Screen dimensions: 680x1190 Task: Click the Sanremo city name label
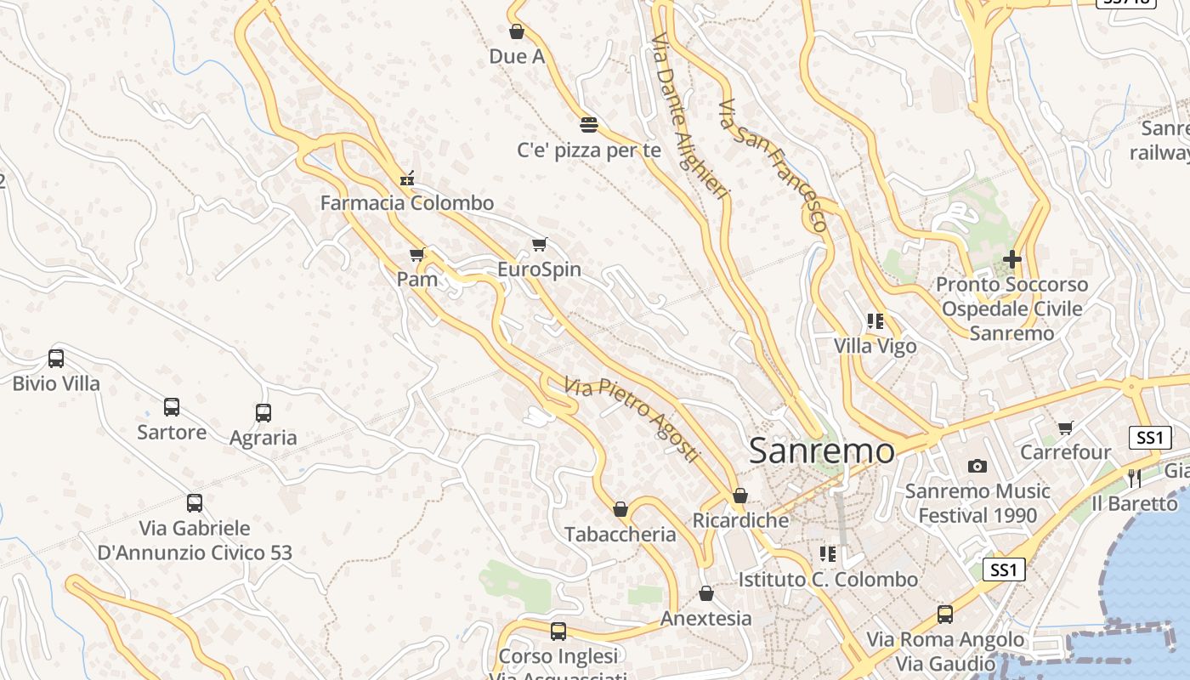[x=821, y=450]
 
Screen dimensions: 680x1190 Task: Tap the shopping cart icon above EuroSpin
[x=539, y=245]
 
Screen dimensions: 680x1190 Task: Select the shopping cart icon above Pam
[x=416, y=254]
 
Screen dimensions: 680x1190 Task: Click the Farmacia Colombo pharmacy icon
[x=407, y=178]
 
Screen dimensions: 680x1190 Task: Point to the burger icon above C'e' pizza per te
[x=589, y=125]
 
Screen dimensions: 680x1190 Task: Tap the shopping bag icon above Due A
[x=516, y=32]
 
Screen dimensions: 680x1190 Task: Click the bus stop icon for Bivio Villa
[x=56, y=358]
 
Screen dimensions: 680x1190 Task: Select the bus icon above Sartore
[x=172, y=406]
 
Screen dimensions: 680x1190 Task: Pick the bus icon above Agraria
[x=263, y=412]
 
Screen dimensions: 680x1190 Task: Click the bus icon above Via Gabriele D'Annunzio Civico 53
[x=195, y=502]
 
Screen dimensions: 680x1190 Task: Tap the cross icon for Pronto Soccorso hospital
[x=1011, y=258]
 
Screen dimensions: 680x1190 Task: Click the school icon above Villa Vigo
[x=875, y=321]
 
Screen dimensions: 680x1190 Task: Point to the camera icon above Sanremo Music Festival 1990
[x=977, y=466]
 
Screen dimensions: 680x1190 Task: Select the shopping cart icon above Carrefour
[x=1066, y=427]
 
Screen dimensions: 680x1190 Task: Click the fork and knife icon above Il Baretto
[x=1134, y=478]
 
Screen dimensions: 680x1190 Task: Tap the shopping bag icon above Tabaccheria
[x=620, y=509]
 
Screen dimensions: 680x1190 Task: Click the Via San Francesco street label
[x=773, y=166]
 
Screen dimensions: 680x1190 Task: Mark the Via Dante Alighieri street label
[x=689, y=116]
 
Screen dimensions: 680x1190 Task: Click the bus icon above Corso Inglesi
[x=558, y=631]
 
